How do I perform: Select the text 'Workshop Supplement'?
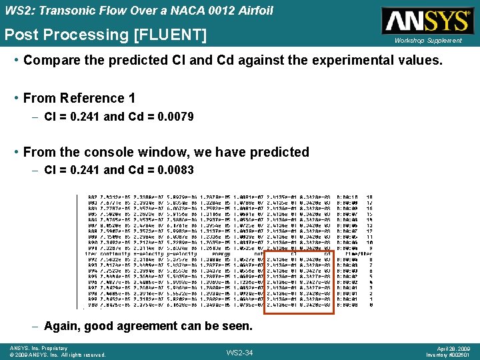pyautogui.click(x=428, y=41)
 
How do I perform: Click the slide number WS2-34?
pyautogui.click(x=239, y=352)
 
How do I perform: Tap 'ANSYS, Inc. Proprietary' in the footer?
pyautogui.click(x=39, y=348)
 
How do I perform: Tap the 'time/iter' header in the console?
pyautogui.click(x=358, y=253)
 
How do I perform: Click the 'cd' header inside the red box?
pyautogui.click(x=326, y=253)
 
